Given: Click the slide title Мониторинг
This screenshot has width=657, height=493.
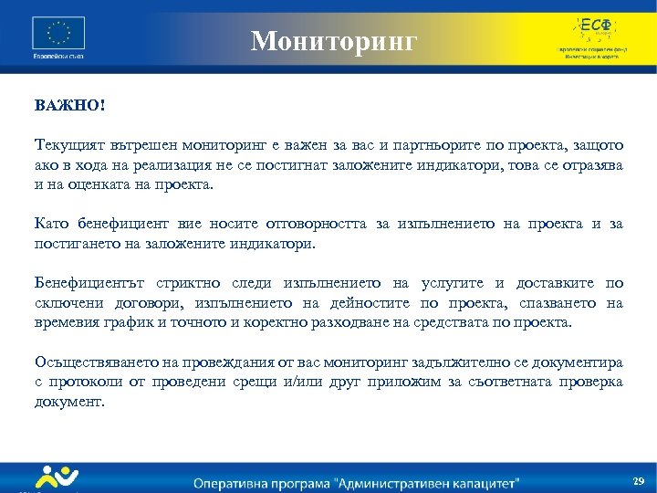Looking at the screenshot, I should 334,40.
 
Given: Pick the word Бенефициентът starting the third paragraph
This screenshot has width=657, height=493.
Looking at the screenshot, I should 89,283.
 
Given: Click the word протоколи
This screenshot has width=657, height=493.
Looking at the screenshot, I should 79,382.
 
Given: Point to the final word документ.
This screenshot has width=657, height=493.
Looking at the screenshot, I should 69,401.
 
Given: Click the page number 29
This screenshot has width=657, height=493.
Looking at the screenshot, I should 638,480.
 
